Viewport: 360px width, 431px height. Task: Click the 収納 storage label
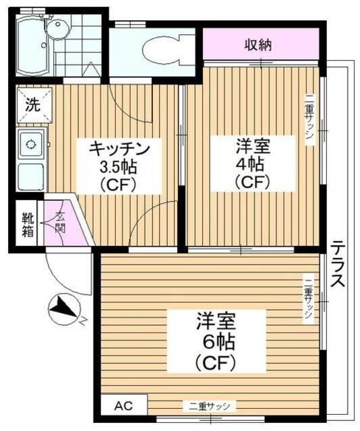(x=258, y=46)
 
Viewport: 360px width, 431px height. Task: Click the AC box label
(x=121, y=405)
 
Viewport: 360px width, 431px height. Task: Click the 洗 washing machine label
(x=31, y=105)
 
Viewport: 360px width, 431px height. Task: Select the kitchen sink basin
(x=30, y=143)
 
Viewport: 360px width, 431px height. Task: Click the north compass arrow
(x=65, y=310)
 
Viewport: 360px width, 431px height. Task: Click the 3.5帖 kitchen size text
(x=117, y=166)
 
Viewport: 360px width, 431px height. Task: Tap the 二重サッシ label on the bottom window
(x=208, y=406)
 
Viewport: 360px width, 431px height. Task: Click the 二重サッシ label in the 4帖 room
(x=309, y=119)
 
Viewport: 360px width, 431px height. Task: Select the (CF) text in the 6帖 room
(x=215, y=362)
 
